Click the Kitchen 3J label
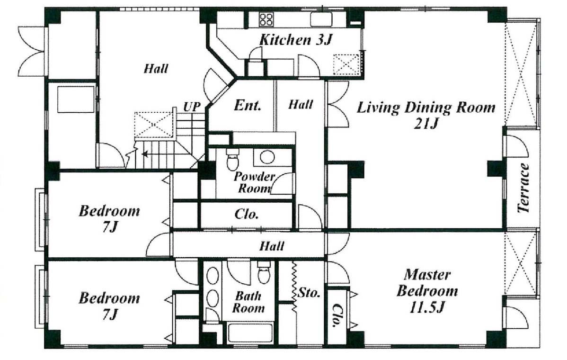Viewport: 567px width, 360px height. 295,40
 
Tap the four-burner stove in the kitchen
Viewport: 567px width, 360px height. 266,19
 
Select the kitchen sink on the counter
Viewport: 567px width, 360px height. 321,19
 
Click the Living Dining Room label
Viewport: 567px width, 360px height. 426,108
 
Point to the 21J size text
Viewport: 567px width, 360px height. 426,124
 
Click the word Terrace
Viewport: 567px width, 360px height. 523,188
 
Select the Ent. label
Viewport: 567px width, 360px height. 248,105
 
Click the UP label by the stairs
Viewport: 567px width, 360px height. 192,107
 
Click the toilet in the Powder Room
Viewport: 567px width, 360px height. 232,159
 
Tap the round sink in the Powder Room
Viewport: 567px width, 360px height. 267,157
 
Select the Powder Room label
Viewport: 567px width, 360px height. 254,182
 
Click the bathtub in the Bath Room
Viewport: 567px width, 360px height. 250,333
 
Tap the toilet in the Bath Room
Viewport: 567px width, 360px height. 264,273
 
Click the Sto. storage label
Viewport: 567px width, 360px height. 309,292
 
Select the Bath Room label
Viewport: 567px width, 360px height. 248,302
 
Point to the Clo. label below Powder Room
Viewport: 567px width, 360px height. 246,214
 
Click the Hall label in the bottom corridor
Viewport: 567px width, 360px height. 272,246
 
